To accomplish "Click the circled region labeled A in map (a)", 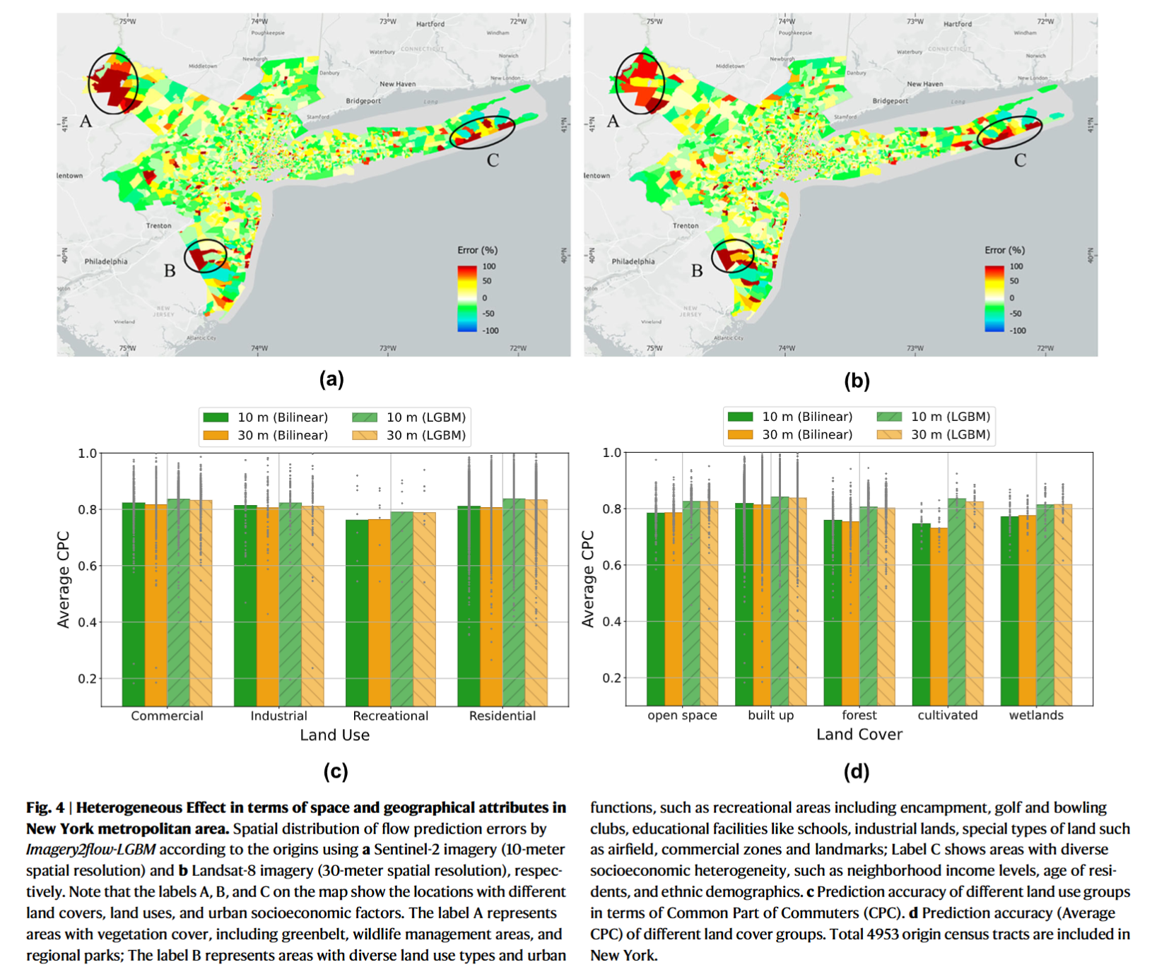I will click(112, 83).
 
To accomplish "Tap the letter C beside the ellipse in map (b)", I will click(1020, 160).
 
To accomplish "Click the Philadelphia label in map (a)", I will click(106, 261).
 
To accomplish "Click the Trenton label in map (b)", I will click(686, 226).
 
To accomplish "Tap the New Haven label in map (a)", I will click(397, 84).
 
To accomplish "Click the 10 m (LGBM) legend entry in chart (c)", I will click(410, 417).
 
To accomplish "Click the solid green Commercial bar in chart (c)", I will click(134, 604).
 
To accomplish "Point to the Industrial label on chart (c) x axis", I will click(278, 716).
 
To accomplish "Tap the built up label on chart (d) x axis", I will click(770, 716).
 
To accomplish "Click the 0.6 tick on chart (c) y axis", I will click(87, 566).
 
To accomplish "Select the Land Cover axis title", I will click(859, 735).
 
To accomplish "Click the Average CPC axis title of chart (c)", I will click(64, 579).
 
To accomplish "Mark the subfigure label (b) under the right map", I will click(857, 381).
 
